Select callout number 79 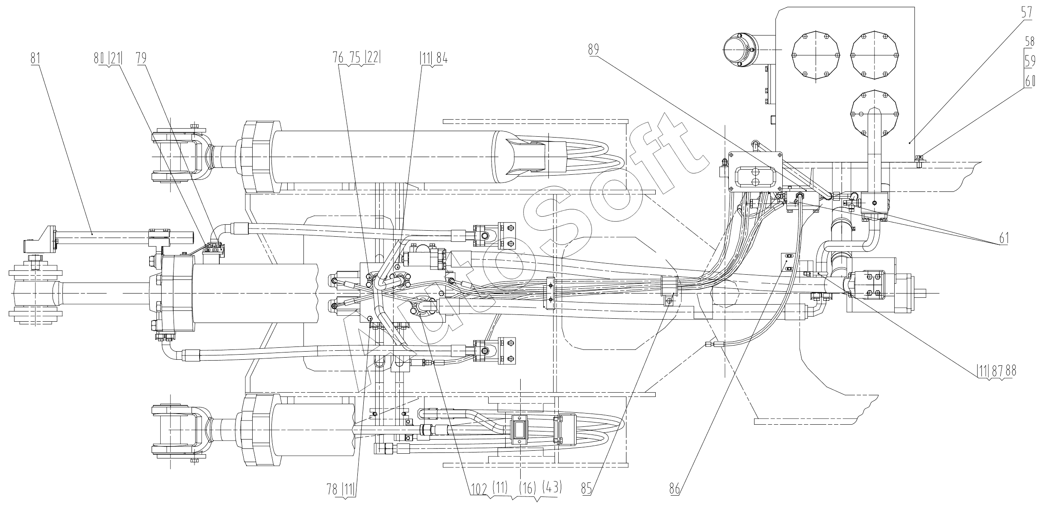tap(141, 58)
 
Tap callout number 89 tap(593, 50)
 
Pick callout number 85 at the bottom tap(586, 488)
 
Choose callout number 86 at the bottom tap(675, 488)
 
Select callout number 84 tap(442, 59)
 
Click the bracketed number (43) tap(551, 487)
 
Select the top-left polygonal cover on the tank tap(816, 56)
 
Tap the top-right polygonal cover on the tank tap(875, 56)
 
